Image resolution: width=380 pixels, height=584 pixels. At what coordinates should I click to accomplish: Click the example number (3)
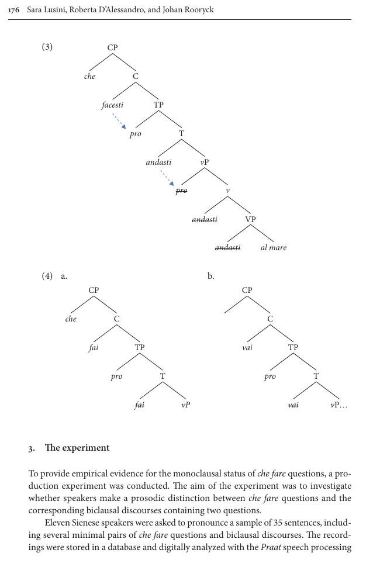point(47,47)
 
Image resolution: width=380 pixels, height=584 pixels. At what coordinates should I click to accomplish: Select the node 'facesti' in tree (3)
point(112,105)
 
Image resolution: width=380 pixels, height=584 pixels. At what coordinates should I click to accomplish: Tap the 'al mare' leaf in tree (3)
point(274,248)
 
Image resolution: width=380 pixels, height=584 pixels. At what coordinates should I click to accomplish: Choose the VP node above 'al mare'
point(250,219)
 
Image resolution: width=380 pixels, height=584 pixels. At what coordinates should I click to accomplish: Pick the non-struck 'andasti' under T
point(158,163)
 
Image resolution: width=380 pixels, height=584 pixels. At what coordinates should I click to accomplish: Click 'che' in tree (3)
point(89,77)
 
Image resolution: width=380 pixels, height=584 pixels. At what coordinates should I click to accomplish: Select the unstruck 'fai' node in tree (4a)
point(94,348)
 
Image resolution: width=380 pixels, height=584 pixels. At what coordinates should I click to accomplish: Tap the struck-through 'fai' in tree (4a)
point(139,405)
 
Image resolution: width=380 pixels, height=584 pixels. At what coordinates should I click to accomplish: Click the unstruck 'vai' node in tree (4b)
point(247,348)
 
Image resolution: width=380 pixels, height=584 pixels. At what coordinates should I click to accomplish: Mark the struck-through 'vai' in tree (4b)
point(293,405)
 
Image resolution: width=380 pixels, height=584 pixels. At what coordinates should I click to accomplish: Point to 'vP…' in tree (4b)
point(338,405)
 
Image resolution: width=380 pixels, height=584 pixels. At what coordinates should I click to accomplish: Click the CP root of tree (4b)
point(247,290)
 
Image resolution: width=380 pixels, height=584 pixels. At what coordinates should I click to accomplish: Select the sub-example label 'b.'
point(210,276)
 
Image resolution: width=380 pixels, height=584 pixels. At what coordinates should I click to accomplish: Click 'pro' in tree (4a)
point(116,376)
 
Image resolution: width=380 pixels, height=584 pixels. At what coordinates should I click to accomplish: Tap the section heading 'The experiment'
point(77,448)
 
